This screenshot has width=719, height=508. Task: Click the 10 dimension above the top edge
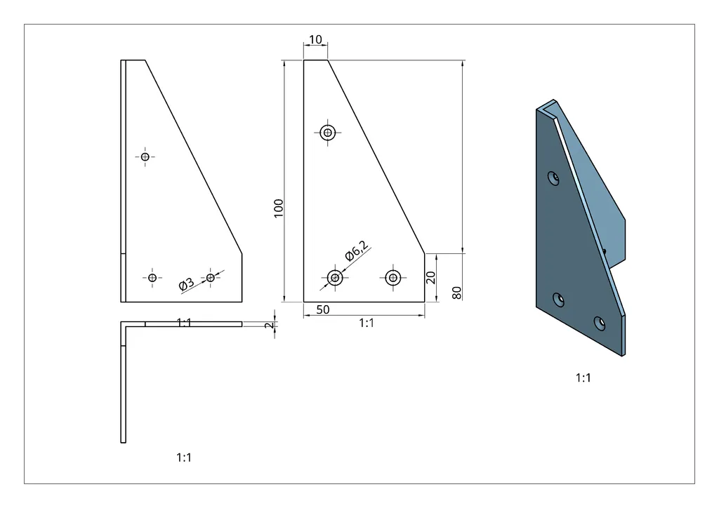point(316,40)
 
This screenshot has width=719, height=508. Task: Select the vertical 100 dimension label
point(279,208)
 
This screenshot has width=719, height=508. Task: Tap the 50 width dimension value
point(323,309)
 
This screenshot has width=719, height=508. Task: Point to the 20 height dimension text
point(431,277)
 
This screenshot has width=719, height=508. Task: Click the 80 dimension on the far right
point(456,293)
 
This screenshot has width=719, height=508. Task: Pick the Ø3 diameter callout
point(186,284)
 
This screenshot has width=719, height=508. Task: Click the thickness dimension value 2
point(268,325)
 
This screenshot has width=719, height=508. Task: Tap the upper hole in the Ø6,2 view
point(328,132)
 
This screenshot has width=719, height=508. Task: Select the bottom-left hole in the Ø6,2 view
point(335,278)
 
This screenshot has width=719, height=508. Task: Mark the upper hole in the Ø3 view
point(145,156)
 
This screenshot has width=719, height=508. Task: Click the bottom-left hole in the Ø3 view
point(152,278)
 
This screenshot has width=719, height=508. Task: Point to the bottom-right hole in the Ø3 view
point(211,278)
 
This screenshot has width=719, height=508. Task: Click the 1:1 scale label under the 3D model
point(583,378)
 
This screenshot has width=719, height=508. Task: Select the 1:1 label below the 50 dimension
point(367,323)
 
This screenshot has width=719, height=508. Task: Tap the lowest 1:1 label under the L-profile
point(184,457)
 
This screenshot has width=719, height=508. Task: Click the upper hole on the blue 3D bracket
point(554,178)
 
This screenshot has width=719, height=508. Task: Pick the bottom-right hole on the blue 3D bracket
point(599,323)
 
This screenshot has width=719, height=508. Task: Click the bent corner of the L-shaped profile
point(124,326)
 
